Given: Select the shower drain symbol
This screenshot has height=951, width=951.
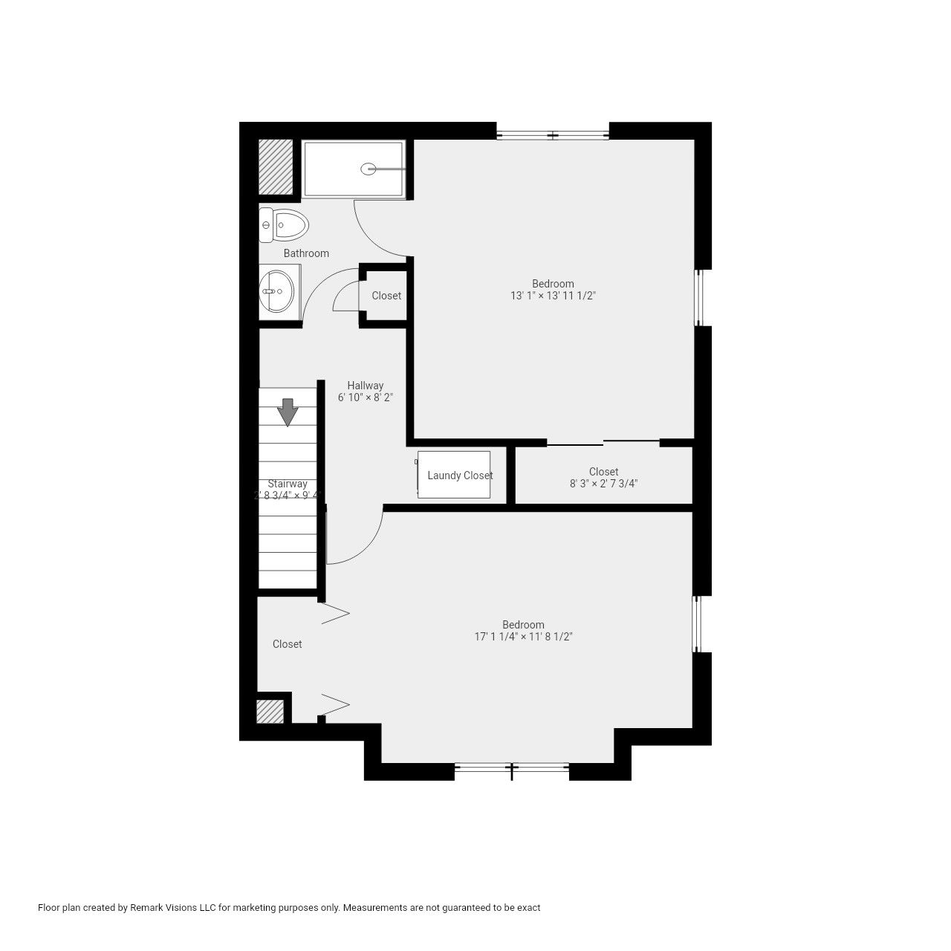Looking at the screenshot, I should coord(368,169).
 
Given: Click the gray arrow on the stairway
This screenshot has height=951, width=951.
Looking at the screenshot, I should coord(288,412).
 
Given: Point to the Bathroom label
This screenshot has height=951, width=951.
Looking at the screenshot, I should coord(306,253).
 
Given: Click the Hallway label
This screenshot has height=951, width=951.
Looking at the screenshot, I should coord(366,386).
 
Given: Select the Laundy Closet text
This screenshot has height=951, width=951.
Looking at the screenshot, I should coord(460,475).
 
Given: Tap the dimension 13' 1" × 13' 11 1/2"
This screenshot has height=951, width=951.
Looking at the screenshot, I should coord(554,296).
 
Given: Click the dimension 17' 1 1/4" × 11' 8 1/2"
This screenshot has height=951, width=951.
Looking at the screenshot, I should coord(524,637).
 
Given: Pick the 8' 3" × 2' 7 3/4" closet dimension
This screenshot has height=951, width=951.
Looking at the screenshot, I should coord(604,484).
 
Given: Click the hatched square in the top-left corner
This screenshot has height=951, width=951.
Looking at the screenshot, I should coord(276,166).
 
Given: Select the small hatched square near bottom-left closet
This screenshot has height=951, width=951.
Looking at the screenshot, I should coord(270,711).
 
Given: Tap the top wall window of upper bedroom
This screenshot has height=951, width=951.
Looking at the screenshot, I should coord(553,135).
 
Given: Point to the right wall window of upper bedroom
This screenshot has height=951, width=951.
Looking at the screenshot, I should coord(698,297).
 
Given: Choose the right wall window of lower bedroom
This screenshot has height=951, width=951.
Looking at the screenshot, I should coord(697,624).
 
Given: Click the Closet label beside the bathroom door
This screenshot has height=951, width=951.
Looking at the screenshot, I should coord(386,296).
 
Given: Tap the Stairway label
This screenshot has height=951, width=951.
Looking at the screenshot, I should coord(288,484).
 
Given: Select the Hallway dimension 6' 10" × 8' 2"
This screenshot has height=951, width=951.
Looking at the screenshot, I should coord(366,397).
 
